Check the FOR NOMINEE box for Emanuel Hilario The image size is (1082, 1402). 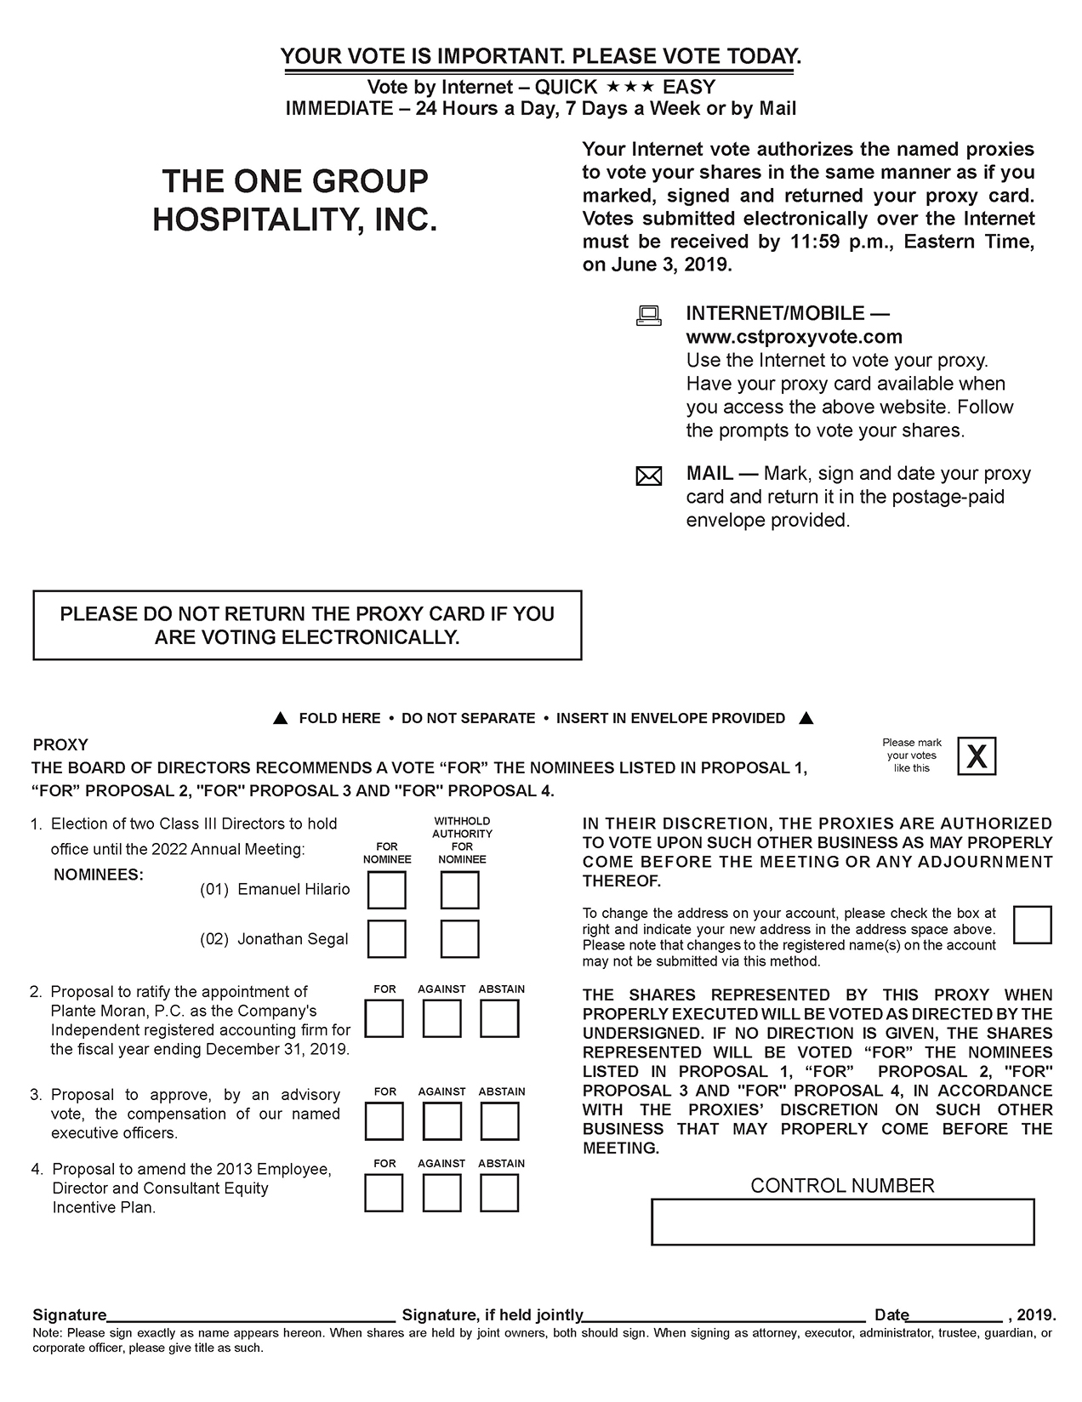point(386,891)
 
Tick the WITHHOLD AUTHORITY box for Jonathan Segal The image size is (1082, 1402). point(460,939)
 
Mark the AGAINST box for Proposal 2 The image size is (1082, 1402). point(442,1018)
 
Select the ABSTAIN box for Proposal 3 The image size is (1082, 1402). point(499,1121)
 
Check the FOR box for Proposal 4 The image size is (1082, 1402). point(384,1193)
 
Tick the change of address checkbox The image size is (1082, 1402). point(1033,925)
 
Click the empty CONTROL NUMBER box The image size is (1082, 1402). point(842,1222)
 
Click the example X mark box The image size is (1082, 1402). point(977,756)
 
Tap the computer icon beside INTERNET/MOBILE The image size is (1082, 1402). point(649,316)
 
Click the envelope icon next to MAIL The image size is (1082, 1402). point(649,476)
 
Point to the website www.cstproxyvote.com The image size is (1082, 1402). point(794,337)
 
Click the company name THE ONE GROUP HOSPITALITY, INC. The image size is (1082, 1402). point(294,201)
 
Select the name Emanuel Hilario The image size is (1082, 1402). point(293,889)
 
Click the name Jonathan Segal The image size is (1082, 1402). point(293,939)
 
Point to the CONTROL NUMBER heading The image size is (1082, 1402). point(842,1185)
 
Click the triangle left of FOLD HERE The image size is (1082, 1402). point(280,718)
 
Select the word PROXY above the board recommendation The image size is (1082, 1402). point(60,744)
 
